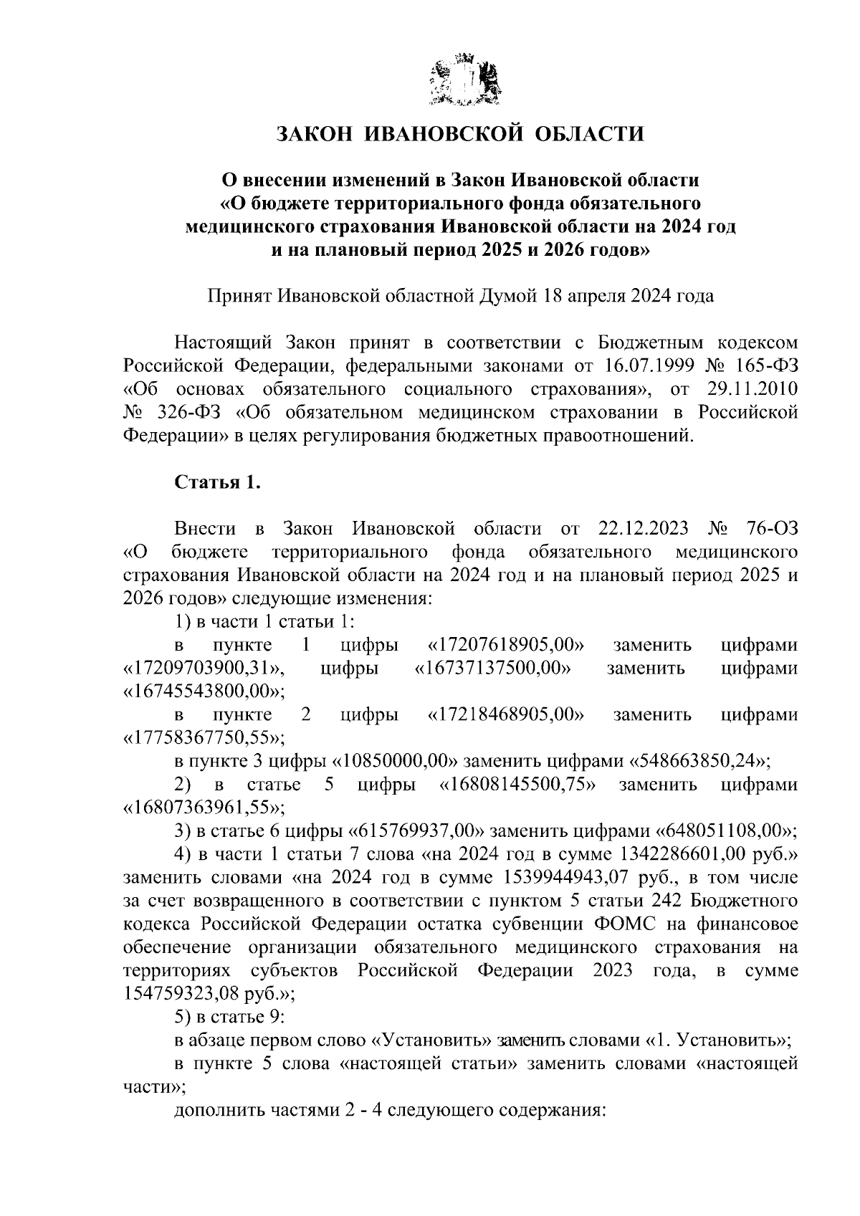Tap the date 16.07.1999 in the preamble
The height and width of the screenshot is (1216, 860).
click(648, 365)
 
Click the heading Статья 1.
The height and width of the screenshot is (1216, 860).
click(217, 482)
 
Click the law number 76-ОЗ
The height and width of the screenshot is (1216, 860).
click(770, 530)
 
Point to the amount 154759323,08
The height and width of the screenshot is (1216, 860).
click(182, 994)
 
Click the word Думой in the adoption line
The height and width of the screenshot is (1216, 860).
click(505, 296)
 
